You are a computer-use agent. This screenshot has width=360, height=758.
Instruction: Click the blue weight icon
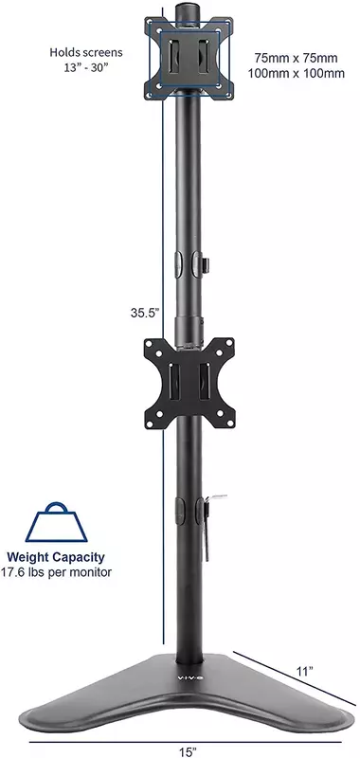point(55,521)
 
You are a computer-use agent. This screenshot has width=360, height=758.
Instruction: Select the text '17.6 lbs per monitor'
point(56,573)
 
